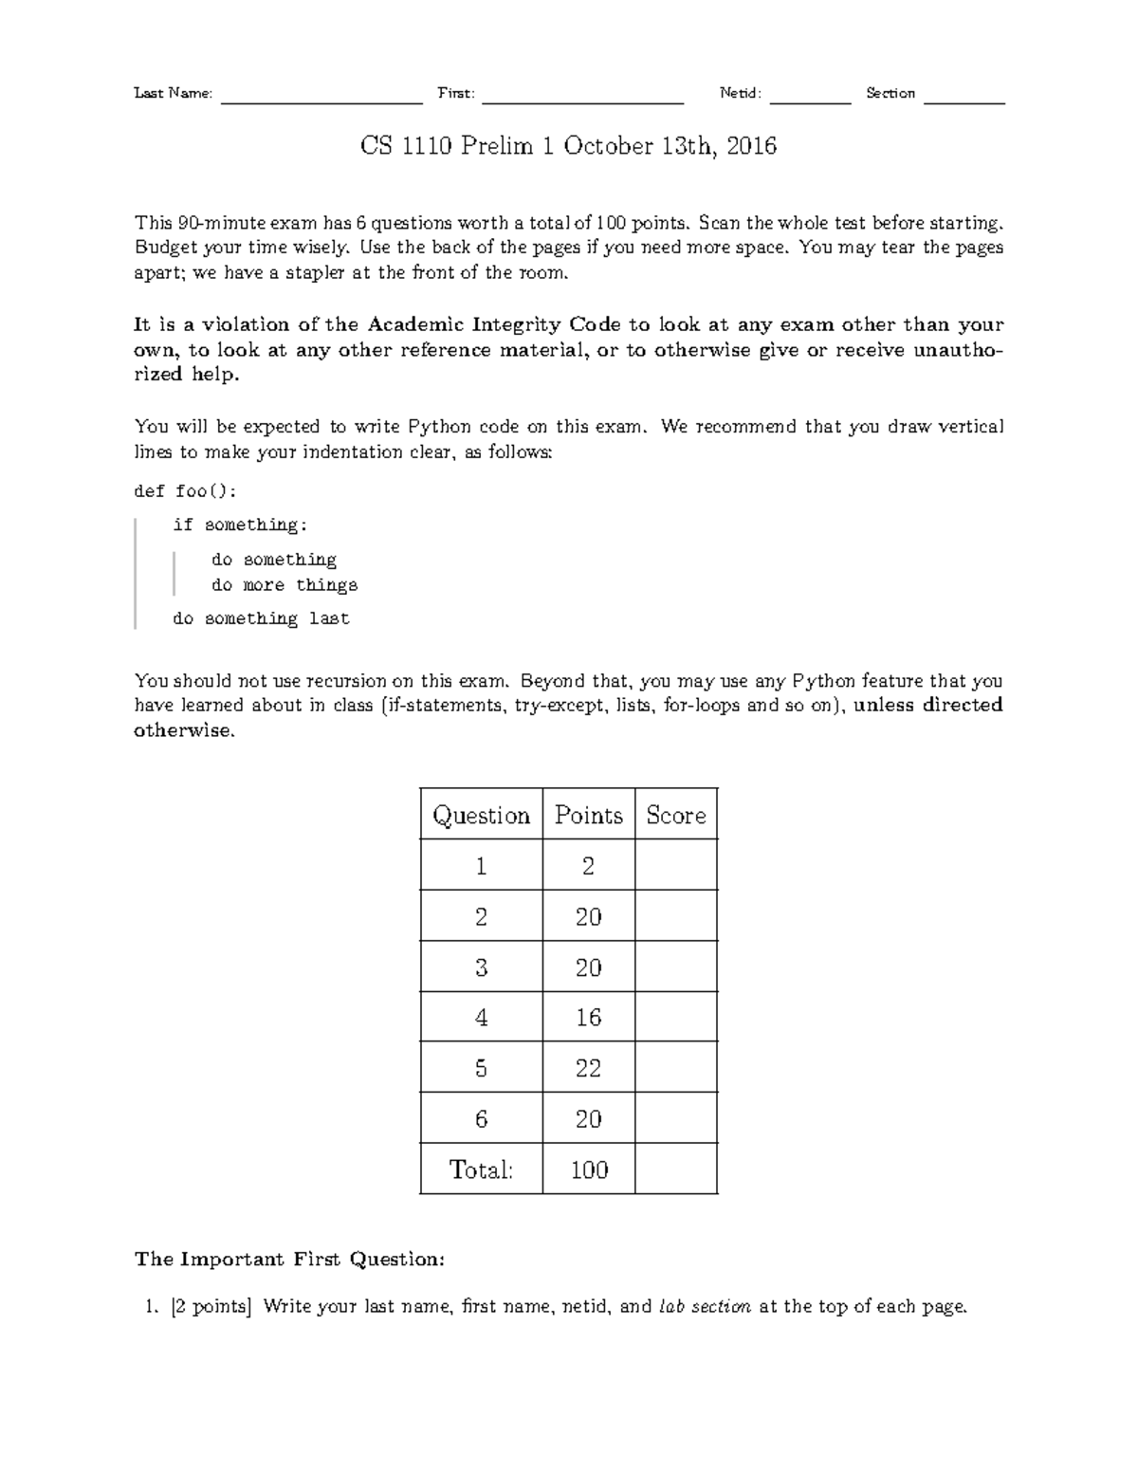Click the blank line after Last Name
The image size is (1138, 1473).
321,99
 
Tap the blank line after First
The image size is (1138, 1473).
582,99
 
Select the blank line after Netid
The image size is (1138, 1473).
810,99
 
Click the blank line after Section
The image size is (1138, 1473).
964,99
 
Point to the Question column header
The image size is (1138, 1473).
481,815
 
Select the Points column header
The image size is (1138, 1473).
588,815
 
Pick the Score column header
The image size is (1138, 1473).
675,815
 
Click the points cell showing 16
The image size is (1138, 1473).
588,1018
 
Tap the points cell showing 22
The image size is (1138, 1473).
588,1068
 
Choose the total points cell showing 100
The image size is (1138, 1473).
588,1169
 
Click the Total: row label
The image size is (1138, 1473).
481,1169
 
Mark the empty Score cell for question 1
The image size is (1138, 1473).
675,865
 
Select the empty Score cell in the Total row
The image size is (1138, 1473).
675,1169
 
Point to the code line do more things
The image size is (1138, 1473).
284,585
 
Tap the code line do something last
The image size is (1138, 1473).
261,618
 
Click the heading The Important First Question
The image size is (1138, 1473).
289,1259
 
